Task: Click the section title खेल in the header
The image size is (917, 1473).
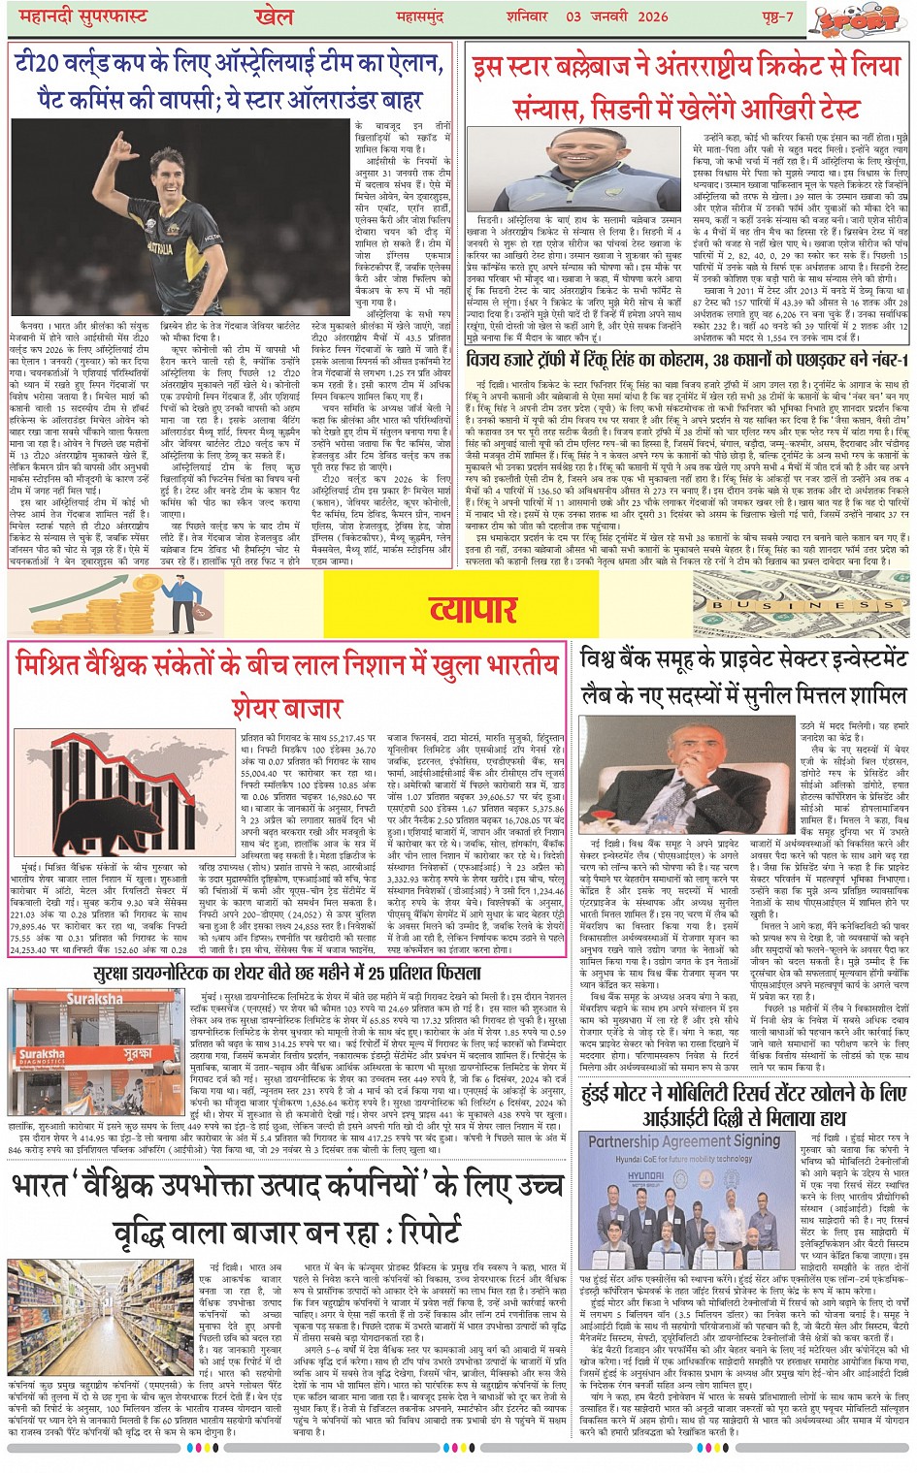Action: (275, 16)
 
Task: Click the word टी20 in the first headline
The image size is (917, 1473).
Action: (40, 66)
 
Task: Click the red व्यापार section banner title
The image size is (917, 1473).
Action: (473, 608)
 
